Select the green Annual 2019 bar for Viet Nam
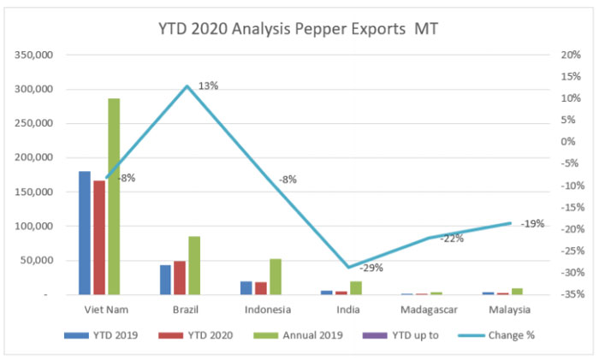tap(114, 197)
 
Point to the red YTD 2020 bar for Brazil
tap(180, 278)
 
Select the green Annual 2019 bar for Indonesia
tap(276, 276)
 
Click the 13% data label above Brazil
tap(208, 86)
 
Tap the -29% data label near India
tap(371, 268)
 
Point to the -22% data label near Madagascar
tap(452, 239)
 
